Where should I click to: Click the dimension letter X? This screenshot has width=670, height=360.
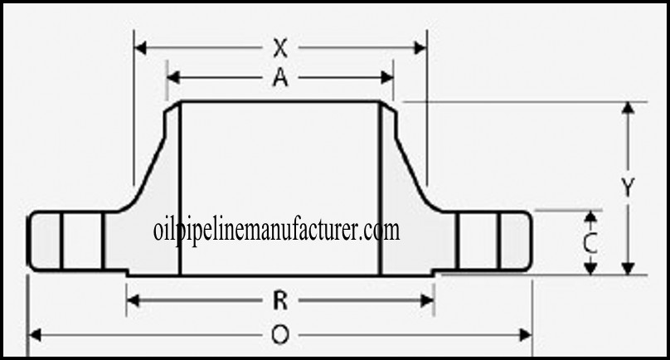click(x=280, y=47)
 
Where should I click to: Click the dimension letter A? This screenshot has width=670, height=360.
click(x=280, y=78)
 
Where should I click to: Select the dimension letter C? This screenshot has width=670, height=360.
click(x=590, y=243)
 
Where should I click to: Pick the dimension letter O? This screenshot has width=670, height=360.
click(x=280, y=334)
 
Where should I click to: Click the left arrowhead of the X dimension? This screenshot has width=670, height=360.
click(x=140, y=47)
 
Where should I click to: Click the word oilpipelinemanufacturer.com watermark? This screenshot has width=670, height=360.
click(x=277, y=230)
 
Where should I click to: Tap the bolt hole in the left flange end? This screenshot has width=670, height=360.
click(x=82, y=241)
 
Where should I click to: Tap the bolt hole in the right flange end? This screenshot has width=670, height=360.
click(x=477, y=241)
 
